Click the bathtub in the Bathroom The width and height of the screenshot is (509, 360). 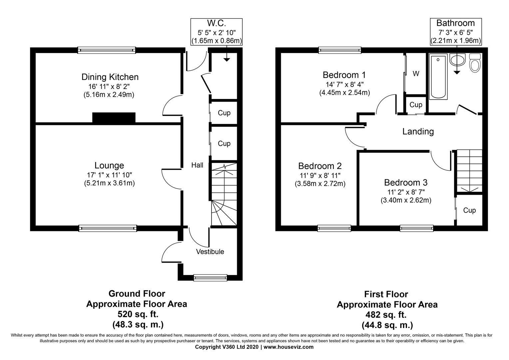coord(438,76)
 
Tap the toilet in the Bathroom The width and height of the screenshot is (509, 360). coord(475,63)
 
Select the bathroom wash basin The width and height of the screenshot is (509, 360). coord(457,60)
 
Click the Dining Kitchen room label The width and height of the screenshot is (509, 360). coord(110,77)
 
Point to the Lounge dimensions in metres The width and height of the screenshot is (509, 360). coord(109,183)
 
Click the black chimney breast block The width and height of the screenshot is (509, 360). coord(114,118)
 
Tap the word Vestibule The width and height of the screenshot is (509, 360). coord(210,252)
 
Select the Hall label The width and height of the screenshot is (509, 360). coord(197,165)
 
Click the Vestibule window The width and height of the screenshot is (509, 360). coord(211,278)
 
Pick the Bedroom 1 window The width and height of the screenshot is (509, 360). coord(340,50)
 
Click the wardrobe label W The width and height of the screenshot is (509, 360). coord(416,74)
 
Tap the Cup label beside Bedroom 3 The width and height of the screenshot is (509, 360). coord(469,210)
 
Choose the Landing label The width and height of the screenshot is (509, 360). coord(418,131)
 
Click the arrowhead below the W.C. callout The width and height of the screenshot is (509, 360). coord(227,60)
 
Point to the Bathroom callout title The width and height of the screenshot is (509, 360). coord(456,23)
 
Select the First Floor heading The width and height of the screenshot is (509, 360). coord(386,294)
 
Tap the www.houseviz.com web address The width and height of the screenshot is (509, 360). coord(288,347)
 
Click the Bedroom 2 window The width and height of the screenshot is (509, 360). coord(334,228)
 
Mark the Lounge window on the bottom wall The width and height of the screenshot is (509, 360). coord(108,228)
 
